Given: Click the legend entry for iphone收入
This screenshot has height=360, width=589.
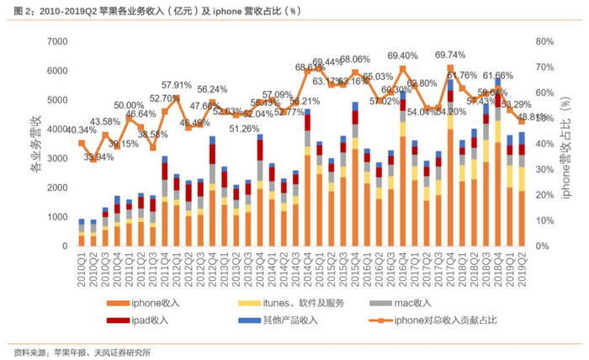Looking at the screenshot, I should click(152, 302).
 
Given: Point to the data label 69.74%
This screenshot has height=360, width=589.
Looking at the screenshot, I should click(450, 56).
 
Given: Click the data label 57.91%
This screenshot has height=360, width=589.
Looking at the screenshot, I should click(177, 85).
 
